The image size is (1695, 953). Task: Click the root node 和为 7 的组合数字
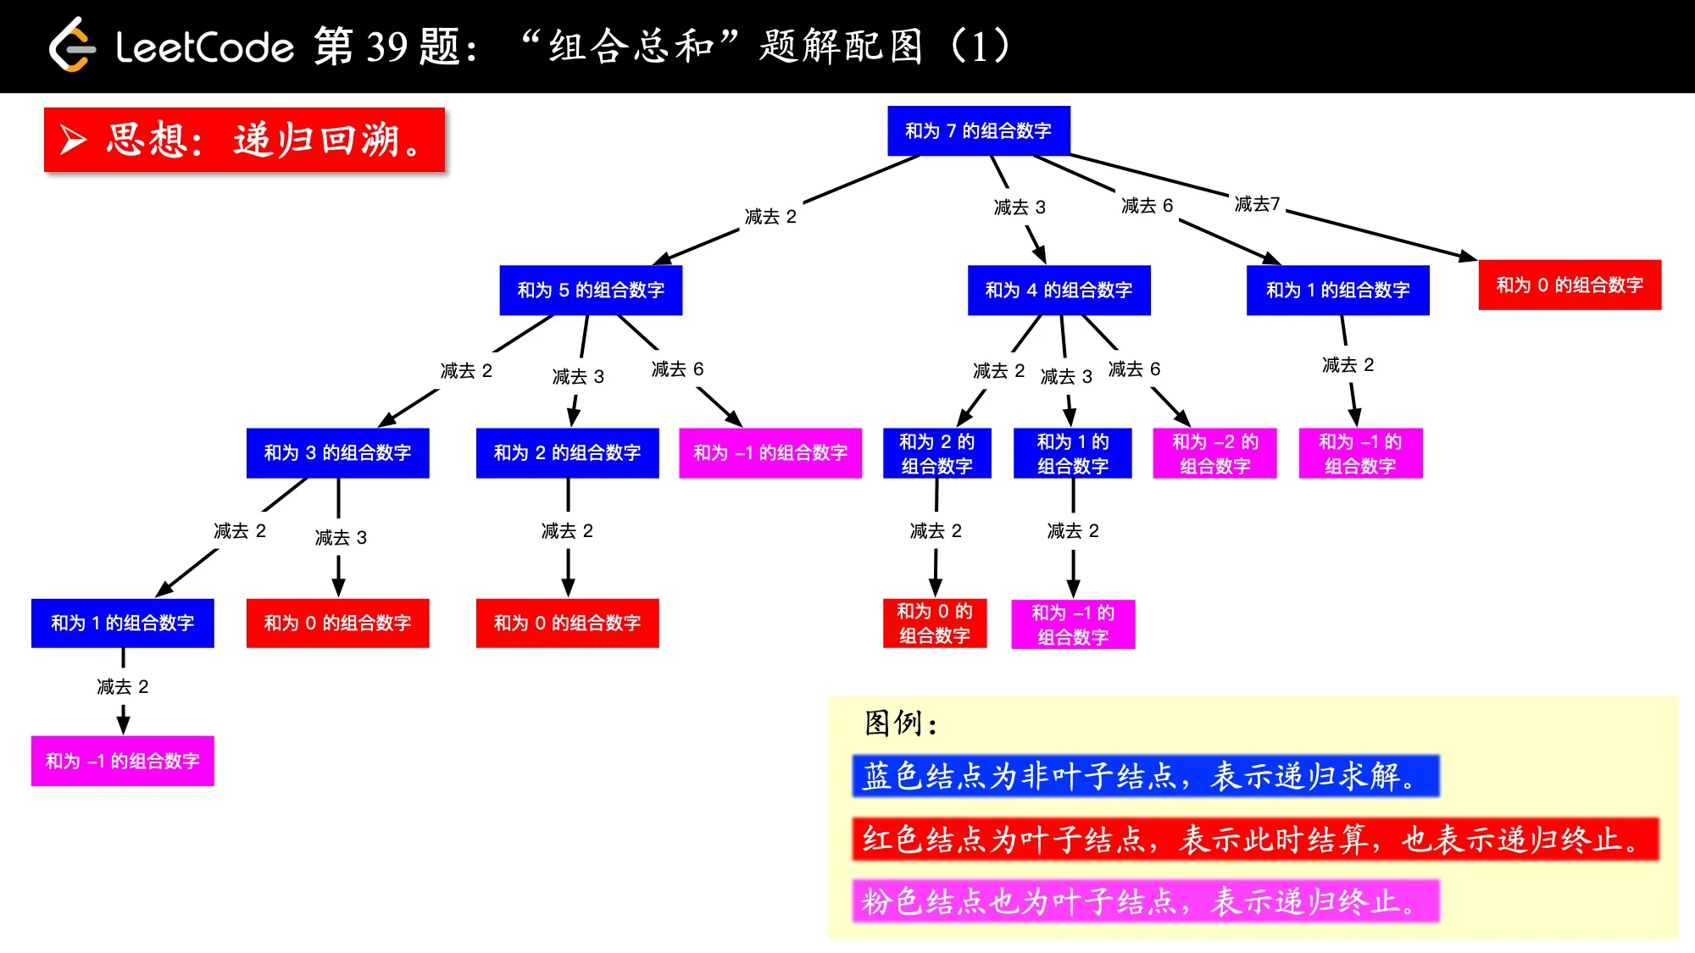pyautogui.click(x=978, y=130)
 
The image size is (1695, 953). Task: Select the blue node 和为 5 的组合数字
pyautogui.click(x=591, y=290)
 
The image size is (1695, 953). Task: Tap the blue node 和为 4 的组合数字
pyautogui.click(x=1059, y=290)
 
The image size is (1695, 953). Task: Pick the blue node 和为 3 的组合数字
pyautogui.click(x=337, y=452)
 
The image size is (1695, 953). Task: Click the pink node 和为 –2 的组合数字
pyautogui.click(x=1214, y=453)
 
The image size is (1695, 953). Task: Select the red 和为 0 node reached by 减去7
pyautogui.click(x=1570, y=285)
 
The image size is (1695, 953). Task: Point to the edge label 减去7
pyautogui.click(x=1257, y=204)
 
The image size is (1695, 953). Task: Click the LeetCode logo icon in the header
pyautogui.click(x=71, y=46)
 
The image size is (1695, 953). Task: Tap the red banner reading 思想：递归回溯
pyautogui.click(x=244, y=140)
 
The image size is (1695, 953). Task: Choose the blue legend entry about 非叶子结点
pyautogui.click(x=1145, y=776)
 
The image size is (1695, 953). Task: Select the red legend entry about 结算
pyautogui.click(x=1254, y=839)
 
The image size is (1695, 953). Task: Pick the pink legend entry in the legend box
pyautogui.click(x=1145, y=900)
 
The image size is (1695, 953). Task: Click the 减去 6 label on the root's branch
pyautogui.click(x=1147, y=206)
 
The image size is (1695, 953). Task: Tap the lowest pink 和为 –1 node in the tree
pyautogui.click(x=122, y=761)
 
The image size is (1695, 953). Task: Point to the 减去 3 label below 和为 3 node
pyautogui.click(x=341, y=538)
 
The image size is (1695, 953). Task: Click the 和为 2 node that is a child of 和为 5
pyautogui.click(x=567, y=452)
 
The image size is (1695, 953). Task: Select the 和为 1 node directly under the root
pyautogui.click(x=1337, y=290)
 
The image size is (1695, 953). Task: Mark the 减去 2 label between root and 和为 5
pyautogui.click(x=770, y=217)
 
